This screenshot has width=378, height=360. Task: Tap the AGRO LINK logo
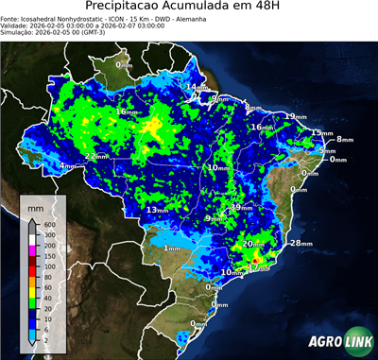[x=335, y=341]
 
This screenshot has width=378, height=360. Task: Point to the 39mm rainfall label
[x=243, y=207]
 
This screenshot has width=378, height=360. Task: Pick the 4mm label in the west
[x=67, y=166]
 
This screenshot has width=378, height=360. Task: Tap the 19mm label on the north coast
[x=296, y=116]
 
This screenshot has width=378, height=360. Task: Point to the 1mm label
[x=172, y=248]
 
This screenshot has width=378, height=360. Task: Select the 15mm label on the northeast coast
[x=322, y=133]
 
